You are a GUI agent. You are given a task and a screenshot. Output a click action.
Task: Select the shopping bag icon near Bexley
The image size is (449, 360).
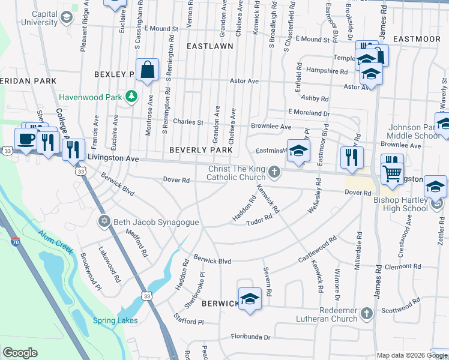[147, 70]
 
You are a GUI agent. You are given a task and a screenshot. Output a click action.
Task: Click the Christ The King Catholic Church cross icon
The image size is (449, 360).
[274, 173]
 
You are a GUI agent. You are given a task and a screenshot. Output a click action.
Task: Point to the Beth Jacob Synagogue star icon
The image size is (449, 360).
[104, 222]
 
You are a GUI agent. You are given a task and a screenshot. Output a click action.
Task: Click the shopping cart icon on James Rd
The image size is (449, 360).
[392, 172]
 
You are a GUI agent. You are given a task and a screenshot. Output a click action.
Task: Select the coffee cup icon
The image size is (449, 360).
[25, 139]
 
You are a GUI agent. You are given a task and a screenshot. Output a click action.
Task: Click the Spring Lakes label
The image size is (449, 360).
[115, 320]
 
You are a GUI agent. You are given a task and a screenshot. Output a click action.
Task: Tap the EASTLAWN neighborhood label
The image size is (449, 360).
[209, 46]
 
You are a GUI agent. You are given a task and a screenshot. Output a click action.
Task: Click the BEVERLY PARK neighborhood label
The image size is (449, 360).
[200, 149]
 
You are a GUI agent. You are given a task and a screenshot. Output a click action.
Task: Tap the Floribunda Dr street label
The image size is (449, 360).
[250, 337]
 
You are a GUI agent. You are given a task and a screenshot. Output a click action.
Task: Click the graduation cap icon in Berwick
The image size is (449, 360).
[249, 298]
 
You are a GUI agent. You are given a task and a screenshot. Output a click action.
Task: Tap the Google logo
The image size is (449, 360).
[20, 353]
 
